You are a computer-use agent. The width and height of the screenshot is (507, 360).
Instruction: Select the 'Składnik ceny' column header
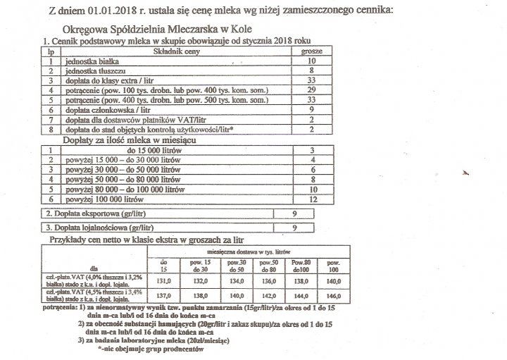coord(177,51)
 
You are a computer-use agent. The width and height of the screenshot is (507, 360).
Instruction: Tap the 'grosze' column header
coord(311,51)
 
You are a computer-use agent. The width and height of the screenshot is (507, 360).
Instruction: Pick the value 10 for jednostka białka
coord(311,61)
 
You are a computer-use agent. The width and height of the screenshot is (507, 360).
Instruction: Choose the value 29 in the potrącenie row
coord(311,92)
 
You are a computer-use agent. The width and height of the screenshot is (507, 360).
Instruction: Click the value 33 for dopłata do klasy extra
coord(311,81)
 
